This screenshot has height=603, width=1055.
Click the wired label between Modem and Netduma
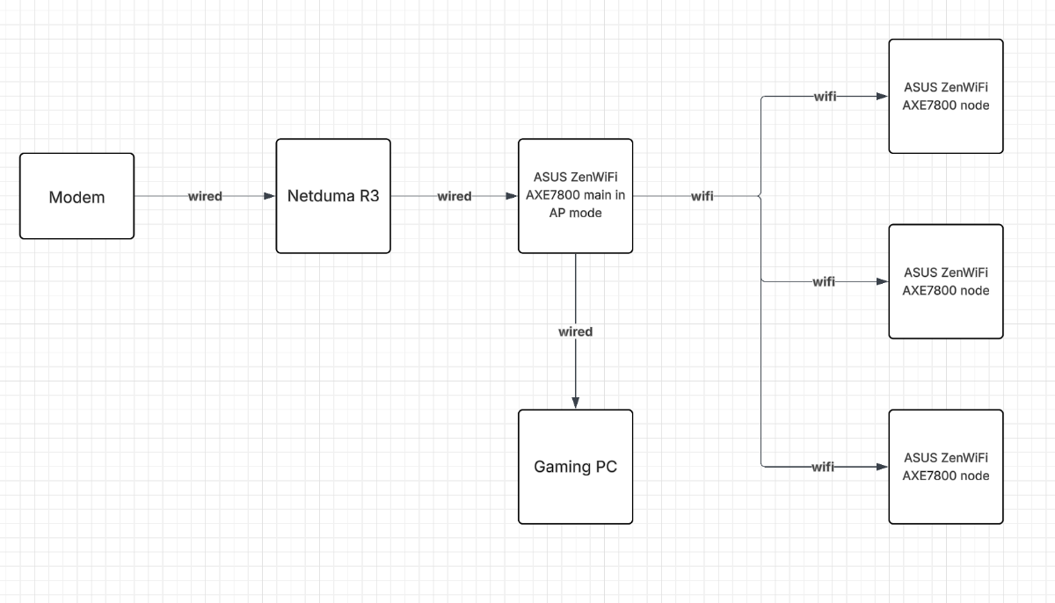205,197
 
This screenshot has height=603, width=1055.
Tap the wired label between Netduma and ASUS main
455,197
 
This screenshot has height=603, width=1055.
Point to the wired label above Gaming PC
575,332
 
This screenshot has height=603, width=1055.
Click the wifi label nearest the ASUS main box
702,197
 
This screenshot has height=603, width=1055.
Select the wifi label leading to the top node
824,97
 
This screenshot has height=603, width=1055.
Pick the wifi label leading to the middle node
824,282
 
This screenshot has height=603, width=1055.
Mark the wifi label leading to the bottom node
823,468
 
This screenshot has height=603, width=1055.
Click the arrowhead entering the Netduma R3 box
269,197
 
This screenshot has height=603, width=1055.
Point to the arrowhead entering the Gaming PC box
575,403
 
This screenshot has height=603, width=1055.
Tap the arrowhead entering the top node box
881,97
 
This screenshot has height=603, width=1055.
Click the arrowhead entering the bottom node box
881,468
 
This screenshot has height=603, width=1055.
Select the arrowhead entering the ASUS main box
511,197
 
